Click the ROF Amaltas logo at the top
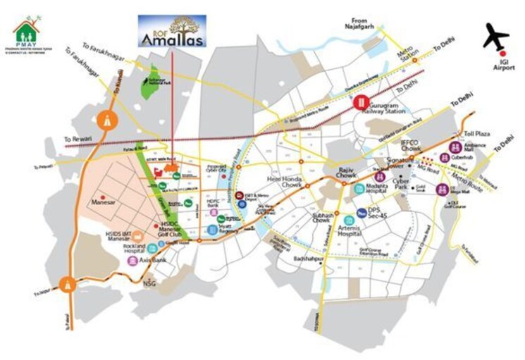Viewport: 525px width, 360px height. point(172,32)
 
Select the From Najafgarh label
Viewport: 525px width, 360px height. point(362,25)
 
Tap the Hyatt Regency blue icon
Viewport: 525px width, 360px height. point(213,230)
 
